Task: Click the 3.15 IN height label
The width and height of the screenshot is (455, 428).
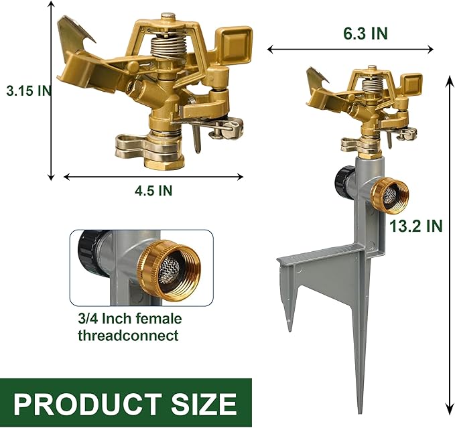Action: tap(29, 91)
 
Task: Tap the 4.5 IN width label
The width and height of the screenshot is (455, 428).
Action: tap(153, 190)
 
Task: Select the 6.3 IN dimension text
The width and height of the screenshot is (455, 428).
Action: tap(365, 33)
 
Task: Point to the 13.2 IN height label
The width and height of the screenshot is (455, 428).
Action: tap(415, 226)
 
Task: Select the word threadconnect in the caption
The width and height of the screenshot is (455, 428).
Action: tap(128, 335)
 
